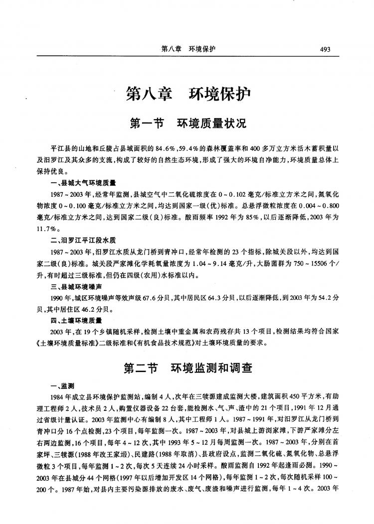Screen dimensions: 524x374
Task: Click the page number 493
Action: pyautogui.click(x=326, y=49)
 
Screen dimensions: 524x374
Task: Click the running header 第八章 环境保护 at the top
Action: pyautogui.click(x=188, y=49)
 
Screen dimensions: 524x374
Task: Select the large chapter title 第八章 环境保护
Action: pyautogui.click(x=188, y=94)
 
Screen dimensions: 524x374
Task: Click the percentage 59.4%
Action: pyautogui.click(x=189, y=149)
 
